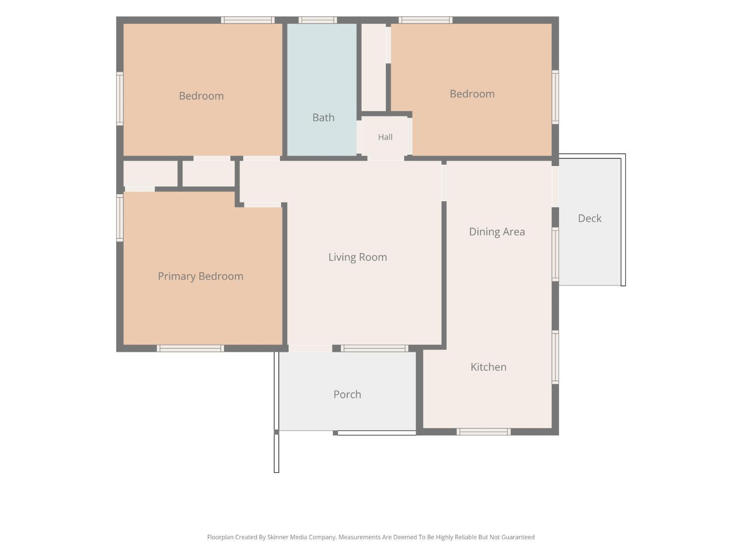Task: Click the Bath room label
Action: (x=323, y=118)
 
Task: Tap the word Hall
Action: (x=385, y=137)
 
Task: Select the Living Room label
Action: (x=358, y=257)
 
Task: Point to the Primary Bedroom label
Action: (x=200, y=276)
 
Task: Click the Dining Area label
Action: (x=497, y=232)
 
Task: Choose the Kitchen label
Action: (x=488, y=367)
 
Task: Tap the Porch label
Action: (x=347, y=394)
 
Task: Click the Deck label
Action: (x=590, y=218)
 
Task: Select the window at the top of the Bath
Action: (x=318, y=20)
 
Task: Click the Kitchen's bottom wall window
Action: (x=483, y=432)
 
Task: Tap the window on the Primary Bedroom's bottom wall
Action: (x=190, y=348)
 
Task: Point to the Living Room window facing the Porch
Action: (x=374, y=348)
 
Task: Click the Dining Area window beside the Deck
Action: (x=555, y=254)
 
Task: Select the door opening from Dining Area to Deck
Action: (x=555, y=186)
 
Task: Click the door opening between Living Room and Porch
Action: (x=310, y=348)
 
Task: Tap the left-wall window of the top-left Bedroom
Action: (x=120, y=98)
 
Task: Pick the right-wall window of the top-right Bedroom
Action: (x=555, y=97)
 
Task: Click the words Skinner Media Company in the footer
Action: (x=302, y=537)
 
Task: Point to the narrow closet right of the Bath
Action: (x=373, y=67)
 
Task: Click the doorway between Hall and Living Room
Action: (x=386, y=158)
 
